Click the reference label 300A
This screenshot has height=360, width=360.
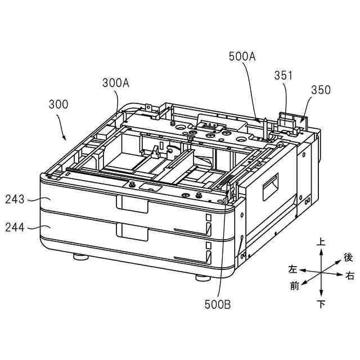tap(116, 83)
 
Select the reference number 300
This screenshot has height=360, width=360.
tap(58, 105)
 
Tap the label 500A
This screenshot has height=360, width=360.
tap(242, 56)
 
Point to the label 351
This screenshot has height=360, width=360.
tap(283, 75)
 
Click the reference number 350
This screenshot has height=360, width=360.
tap(321, 90)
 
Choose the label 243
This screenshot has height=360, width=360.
tap(15, 199)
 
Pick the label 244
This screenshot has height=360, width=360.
tap(15, 227)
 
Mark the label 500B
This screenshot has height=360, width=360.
tap(218, 304)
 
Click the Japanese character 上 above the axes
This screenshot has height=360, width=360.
tap(321, 242)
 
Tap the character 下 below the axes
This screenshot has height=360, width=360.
tap(321, 304)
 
